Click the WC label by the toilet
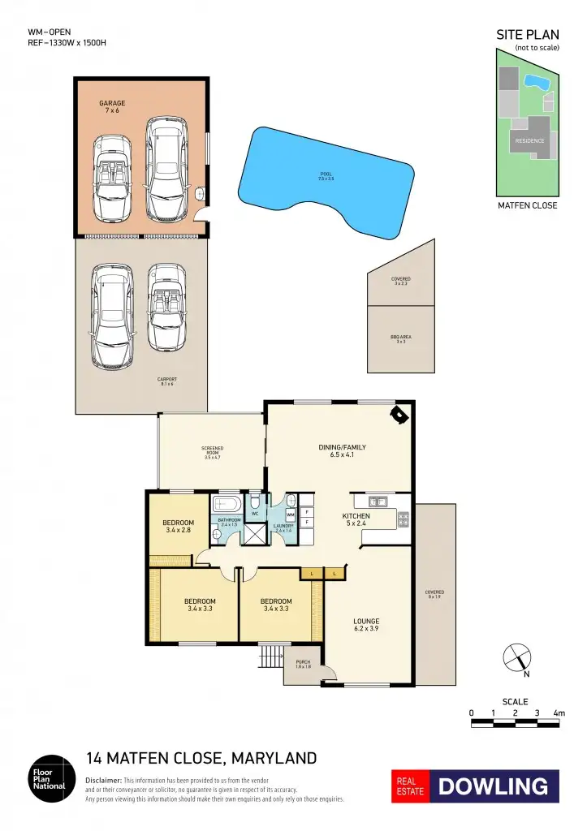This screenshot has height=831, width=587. click(254, 515)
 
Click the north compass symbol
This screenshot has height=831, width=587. click(517, 658)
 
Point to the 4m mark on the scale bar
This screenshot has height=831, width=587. click(559, 713)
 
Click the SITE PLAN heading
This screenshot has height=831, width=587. click(527, 35)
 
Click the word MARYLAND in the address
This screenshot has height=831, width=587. click(274, 759)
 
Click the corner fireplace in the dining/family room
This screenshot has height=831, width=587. click(399, 415)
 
